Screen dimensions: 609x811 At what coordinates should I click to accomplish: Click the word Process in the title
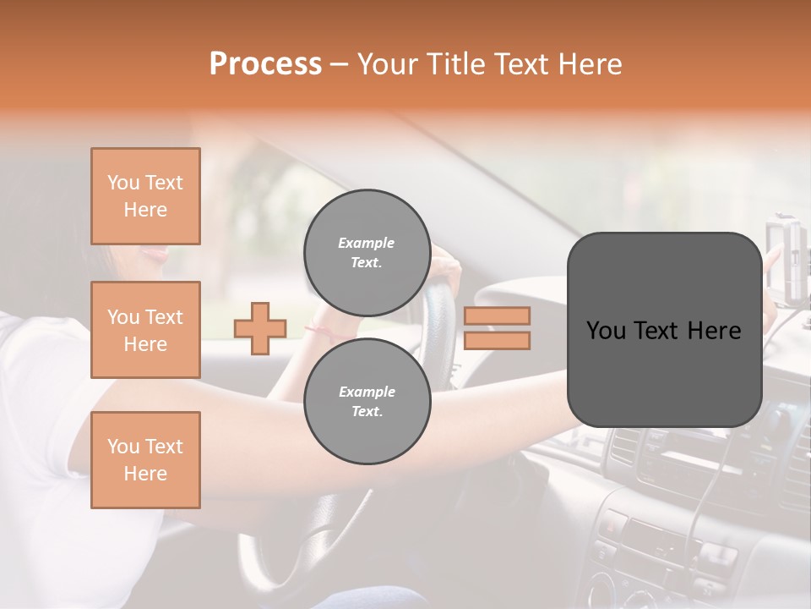[265, 64]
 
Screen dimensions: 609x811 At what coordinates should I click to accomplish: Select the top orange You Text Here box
[145, 196]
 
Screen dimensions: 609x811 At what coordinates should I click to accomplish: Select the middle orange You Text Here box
[145, 330]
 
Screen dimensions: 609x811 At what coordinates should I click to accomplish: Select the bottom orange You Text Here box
[145, 460]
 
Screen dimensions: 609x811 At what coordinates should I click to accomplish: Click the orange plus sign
[260, 328]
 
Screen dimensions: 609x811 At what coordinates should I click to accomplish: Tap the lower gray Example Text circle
[367, 401]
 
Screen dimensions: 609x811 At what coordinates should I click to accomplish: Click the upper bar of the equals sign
[497, 315]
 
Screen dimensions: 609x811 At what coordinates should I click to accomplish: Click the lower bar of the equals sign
[497, 340]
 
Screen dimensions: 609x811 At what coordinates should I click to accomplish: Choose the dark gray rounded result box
[664, 372]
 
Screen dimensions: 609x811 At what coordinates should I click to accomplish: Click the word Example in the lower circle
[367, 392]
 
